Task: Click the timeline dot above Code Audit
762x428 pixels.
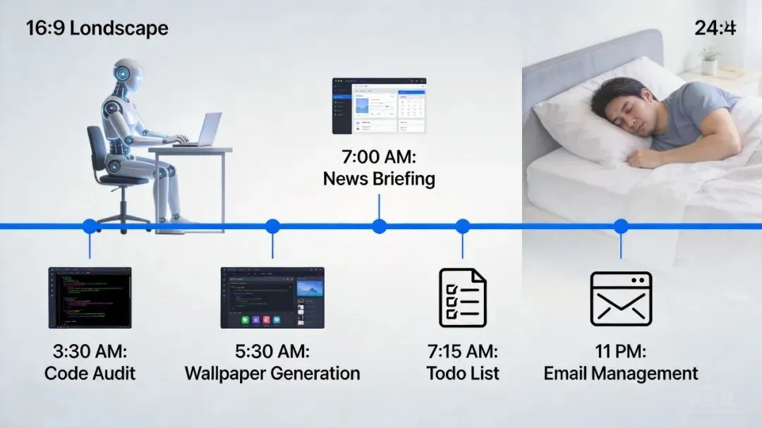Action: pos(90,226)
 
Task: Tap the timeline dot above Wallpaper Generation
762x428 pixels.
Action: pos(272,226)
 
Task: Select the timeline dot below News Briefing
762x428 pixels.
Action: pos(380,226)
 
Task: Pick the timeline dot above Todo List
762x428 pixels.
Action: pos(462,226)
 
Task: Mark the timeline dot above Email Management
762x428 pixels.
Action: pos(621,226)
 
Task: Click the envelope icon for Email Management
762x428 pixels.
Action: pos(621,299)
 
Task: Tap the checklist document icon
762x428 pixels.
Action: pos(462,298)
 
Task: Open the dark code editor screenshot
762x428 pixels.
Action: pos(90,298)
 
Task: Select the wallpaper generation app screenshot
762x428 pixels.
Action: pos(272,298)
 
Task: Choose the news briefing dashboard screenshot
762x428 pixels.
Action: pos(380,106)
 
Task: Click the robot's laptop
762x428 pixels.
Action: pos(201,131)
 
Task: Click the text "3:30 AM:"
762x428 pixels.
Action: pos(90,351)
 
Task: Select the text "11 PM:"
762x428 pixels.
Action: pos(621,351)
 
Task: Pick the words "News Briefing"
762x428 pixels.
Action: pos(379,178)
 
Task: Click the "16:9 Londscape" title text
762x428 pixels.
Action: pos(97,29)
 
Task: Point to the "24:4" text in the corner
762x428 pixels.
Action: pos(715,28)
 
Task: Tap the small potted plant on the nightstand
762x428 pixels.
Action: pos(709,61)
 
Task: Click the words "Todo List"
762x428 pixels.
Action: pos(463,373)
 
